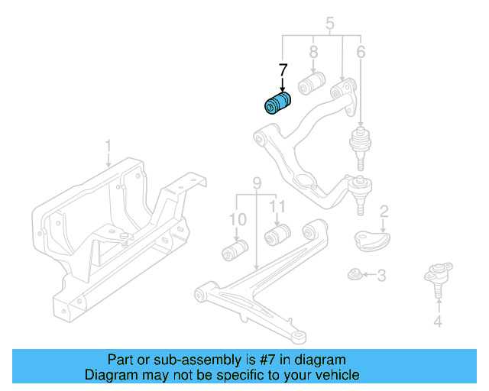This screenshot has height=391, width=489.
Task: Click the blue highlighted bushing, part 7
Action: [x=278, y=105]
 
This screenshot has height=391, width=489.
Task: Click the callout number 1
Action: [x=108, y=145]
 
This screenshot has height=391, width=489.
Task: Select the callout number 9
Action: [x=257, y=183]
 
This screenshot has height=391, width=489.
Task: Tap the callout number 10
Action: [x=238, y=220]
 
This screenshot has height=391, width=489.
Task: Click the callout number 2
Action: [x=384, y=212]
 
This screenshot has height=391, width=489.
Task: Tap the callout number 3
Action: [x=382, y=274]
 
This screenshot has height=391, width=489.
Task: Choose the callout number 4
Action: [x=437, y=322]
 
